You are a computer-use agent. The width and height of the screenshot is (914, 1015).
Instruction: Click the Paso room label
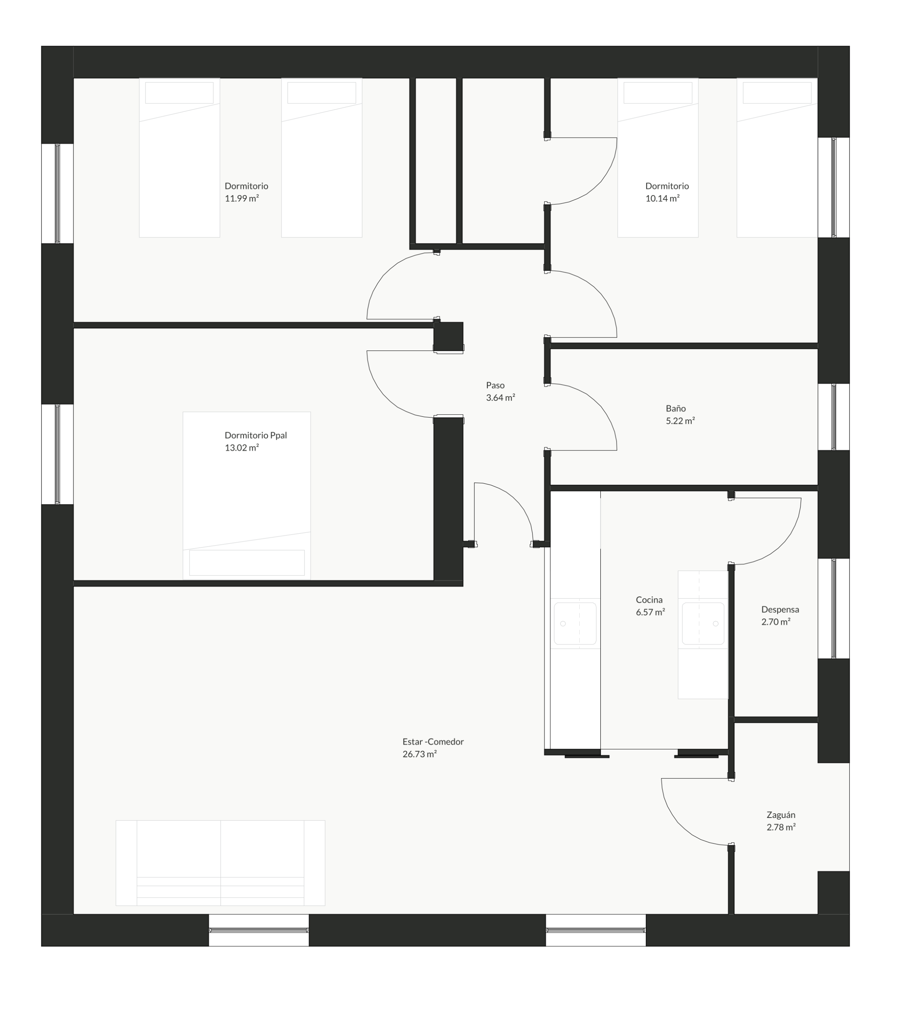[495, 385]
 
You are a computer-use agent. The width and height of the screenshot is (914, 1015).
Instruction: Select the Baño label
[676, 408]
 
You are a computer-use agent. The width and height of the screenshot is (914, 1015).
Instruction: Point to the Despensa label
[780, 610]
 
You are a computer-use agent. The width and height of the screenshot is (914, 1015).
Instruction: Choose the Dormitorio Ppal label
[256, 435]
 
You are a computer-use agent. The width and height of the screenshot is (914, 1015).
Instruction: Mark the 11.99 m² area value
[241, 198]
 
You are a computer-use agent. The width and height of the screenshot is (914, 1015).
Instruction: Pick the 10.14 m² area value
[662, 198]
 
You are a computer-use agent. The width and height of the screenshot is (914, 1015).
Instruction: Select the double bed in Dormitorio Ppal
[247, 496]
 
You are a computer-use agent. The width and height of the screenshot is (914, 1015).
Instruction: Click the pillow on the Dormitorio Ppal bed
[247, 563]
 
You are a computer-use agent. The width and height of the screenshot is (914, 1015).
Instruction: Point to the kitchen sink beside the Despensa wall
[703, 623]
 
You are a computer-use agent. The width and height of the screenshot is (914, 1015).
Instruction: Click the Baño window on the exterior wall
[834, 417]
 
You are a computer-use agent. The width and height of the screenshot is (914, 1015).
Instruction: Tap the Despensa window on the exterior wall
[834, 608]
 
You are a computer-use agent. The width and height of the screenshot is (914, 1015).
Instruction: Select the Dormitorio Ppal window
[57, 454]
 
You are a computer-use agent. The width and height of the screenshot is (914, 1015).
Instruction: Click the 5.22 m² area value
[680, 421]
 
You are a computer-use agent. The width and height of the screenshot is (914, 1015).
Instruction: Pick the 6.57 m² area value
[650, 612]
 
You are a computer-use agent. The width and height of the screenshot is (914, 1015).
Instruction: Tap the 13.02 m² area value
[241, 448]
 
